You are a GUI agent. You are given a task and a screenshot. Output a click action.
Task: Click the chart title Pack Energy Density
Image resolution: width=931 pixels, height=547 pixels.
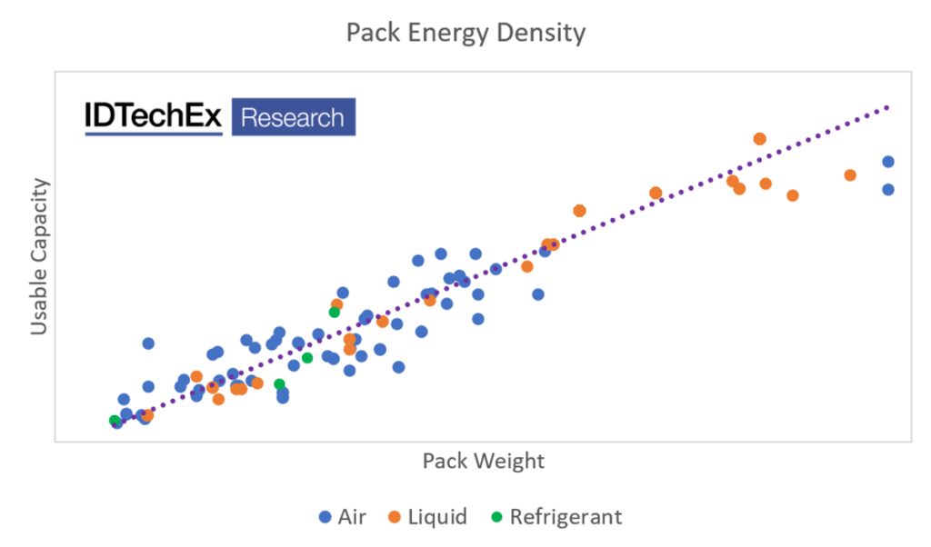pos(465,34)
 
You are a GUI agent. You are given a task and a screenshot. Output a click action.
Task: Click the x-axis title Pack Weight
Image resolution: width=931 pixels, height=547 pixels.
pos(483,461)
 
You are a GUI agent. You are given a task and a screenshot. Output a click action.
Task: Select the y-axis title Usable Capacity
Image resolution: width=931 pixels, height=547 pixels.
pos(39,257)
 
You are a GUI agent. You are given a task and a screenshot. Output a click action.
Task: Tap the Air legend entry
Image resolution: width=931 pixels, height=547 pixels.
pos(343,517)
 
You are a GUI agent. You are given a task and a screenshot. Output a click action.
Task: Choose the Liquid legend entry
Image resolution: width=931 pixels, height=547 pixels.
pos(427,517)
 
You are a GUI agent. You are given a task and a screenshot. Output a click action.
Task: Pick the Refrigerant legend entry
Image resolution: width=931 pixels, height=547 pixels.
pos(556,517)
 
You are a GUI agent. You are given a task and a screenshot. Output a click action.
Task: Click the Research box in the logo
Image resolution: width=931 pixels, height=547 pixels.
pos(294,117)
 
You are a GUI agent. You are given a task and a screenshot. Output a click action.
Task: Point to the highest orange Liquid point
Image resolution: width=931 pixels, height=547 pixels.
pos(760,139)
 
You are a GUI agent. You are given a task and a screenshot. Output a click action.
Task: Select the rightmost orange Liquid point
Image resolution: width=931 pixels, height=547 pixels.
pos(850,175)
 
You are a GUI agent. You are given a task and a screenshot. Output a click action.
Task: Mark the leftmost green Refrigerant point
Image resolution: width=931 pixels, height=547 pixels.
pos(115,421)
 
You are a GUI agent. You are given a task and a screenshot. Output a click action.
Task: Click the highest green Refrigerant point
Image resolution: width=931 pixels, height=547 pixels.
pos(335,312)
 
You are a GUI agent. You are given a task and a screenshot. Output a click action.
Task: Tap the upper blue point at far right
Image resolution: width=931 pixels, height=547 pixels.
pos(888,162)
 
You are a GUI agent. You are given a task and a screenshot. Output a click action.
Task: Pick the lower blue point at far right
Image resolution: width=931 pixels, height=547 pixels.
pos(888,189)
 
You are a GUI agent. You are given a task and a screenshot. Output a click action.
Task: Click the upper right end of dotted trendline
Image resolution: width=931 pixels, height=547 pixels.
pos(887,107)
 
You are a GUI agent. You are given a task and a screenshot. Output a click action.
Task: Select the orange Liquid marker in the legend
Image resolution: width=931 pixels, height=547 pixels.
pos(395,517)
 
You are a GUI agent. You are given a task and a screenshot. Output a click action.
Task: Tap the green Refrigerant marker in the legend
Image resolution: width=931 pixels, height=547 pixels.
pos(496,517)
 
